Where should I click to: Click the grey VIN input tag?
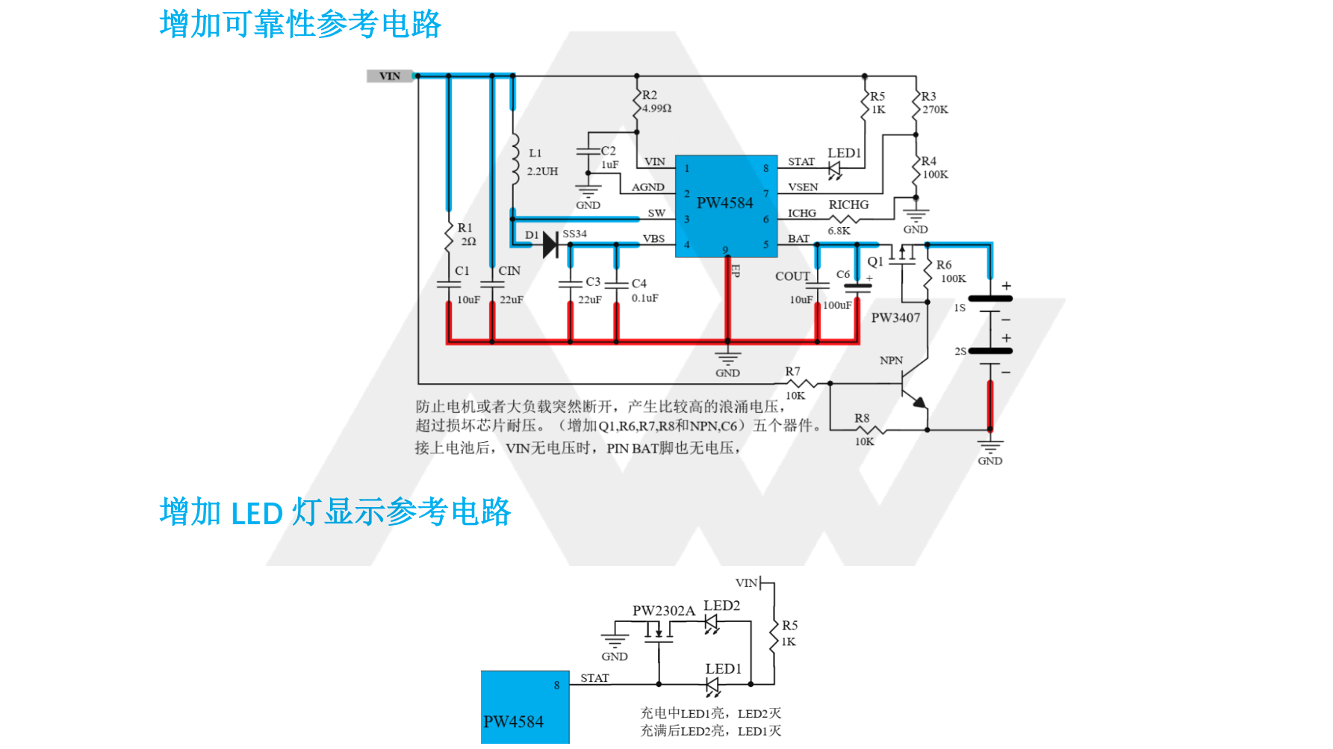pos(389,76)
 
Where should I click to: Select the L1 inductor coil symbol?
pos(515,159)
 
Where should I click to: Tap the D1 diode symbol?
pos(550,244)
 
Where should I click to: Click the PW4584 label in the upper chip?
pos(724,203)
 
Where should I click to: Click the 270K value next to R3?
pos(935,110)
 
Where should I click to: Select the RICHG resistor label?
pos(848,205)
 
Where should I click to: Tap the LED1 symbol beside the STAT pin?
pos(835,170)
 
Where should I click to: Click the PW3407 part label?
pos(895,318)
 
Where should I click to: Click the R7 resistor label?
pos(792,372)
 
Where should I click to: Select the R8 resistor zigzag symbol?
pos(870,429)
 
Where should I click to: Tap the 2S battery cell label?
pos(960,351)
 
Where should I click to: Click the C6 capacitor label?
pos(843,275)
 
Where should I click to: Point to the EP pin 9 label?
pos(735,270)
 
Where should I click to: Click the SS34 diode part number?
pos(574,234)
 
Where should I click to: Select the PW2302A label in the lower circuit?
pos(663,611)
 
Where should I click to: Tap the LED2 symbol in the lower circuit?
pos(712,623)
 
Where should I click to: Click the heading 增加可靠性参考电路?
pos(300,24)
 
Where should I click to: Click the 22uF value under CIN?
pos(512,300)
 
